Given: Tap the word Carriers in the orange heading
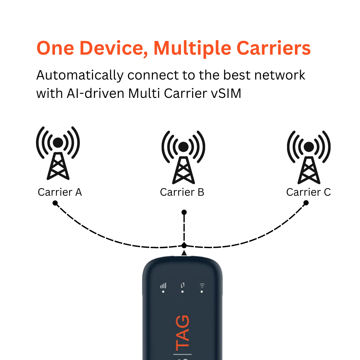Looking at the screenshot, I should tap(273, 48).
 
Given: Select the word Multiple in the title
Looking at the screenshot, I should tap(192, 48).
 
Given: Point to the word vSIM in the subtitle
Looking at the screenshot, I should tap(226, 93).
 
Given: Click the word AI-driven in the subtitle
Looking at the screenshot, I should tap(96, 93).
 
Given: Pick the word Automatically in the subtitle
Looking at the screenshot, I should tap(80, 75).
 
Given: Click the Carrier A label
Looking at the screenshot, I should tap(60, 192).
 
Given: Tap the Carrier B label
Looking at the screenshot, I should tap(182, 192).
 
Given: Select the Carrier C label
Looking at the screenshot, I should tap(308, 192).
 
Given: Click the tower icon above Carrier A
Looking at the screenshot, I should tap(58, 153).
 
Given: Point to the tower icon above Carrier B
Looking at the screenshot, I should tap(183, 157).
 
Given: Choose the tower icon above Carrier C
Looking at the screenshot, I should tap(309, 157).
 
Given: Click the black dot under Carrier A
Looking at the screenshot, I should tap(55, 203).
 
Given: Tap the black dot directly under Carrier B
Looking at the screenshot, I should tap(184, 212).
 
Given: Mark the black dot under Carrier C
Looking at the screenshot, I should tap(306, 203).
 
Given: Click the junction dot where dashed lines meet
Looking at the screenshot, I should tap(184, 245).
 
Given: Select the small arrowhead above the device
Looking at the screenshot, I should tap(184, 253).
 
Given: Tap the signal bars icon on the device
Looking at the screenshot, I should tap(163, 286).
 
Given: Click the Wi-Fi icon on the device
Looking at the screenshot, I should tap(202, 286).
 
